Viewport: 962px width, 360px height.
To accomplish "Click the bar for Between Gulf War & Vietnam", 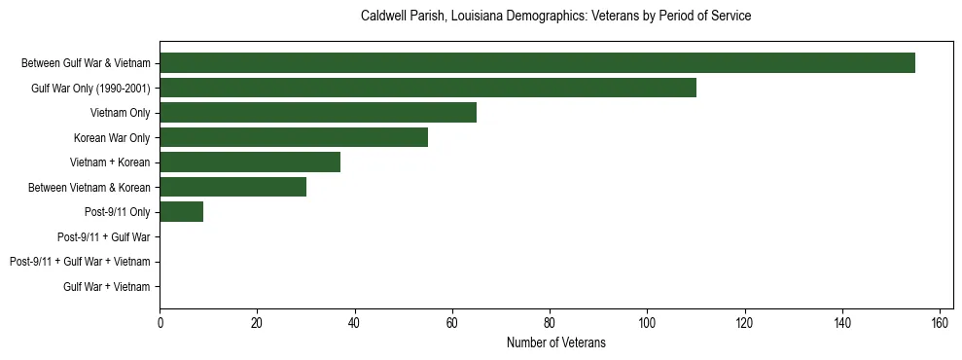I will click(x=537, y=63).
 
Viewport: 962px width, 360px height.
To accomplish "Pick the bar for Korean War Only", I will click(x=294, y=137).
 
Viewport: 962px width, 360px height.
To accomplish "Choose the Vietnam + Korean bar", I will click(x=250, y=162).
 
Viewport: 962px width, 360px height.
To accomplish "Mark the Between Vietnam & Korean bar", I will click(x=232, y=187).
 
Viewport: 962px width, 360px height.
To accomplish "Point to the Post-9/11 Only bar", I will click(x=182, y=211).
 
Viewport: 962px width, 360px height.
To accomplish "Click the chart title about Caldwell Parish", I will click(x=555, y=17).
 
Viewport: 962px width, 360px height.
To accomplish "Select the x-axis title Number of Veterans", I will click(x=555, y=342).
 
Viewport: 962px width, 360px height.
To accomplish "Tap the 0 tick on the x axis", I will click(x=160, y=323).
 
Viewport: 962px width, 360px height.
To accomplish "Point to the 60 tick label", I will click(x=452, y=323).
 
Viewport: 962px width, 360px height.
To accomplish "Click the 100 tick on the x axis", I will click(x=647, y=323).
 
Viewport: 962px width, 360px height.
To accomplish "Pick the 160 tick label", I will click(x=940, y=323).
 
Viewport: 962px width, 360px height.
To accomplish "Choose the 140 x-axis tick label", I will click(x=842, y=323).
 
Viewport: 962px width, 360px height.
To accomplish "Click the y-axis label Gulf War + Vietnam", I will click(x=107, y=286).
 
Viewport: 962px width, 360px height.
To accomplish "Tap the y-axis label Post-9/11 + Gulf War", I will click(x=103, y=236).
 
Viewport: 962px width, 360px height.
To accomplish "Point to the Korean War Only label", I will click(x=112, y=137).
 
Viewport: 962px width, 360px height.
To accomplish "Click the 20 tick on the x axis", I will click(x=257, y=323).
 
